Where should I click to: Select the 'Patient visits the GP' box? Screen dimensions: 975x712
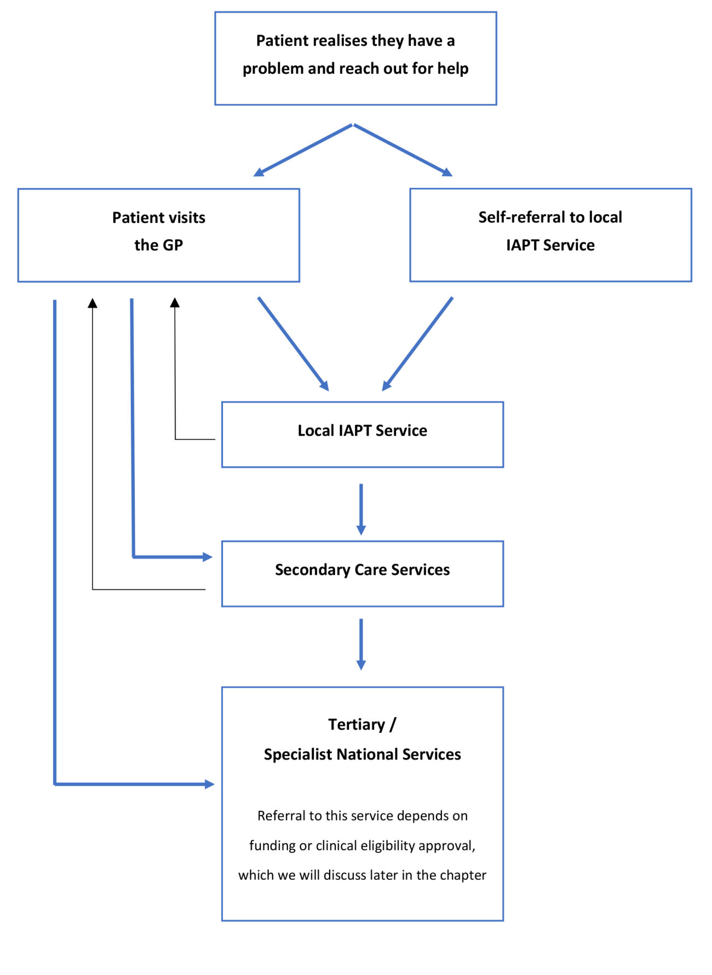click(x=158, y=235)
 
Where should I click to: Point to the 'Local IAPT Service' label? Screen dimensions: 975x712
click(x=362, y=431)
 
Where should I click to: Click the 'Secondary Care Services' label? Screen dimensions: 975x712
click(x=362, y=570)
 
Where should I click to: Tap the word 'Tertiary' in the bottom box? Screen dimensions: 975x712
click(x=357, y=725)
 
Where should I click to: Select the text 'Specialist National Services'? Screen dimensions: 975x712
click(x=362, y=754)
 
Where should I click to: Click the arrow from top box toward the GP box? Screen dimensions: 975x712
click(x=302, y=151)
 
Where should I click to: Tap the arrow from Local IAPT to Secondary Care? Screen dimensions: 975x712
click(x=361, y=509)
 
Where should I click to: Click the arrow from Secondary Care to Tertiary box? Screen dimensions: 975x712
click(x=361, y=644)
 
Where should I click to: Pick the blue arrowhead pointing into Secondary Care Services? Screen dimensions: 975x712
click(x=208, y=557)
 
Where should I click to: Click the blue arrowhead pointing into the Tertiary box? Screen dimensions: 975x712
click(x=209, y=784)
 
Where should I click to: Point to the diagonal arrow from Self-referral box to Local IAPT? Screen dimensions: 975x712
click(x=418, y=344)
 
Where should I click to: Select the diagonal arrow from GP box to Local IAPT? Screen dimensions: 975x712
click(x=293, y=344)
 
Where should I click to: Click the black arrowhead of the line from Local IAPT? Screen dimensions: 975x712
click(x=175, y=302)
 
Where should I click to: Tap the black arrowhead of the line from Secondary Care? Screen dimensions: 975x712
click(x=93, y=303)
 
